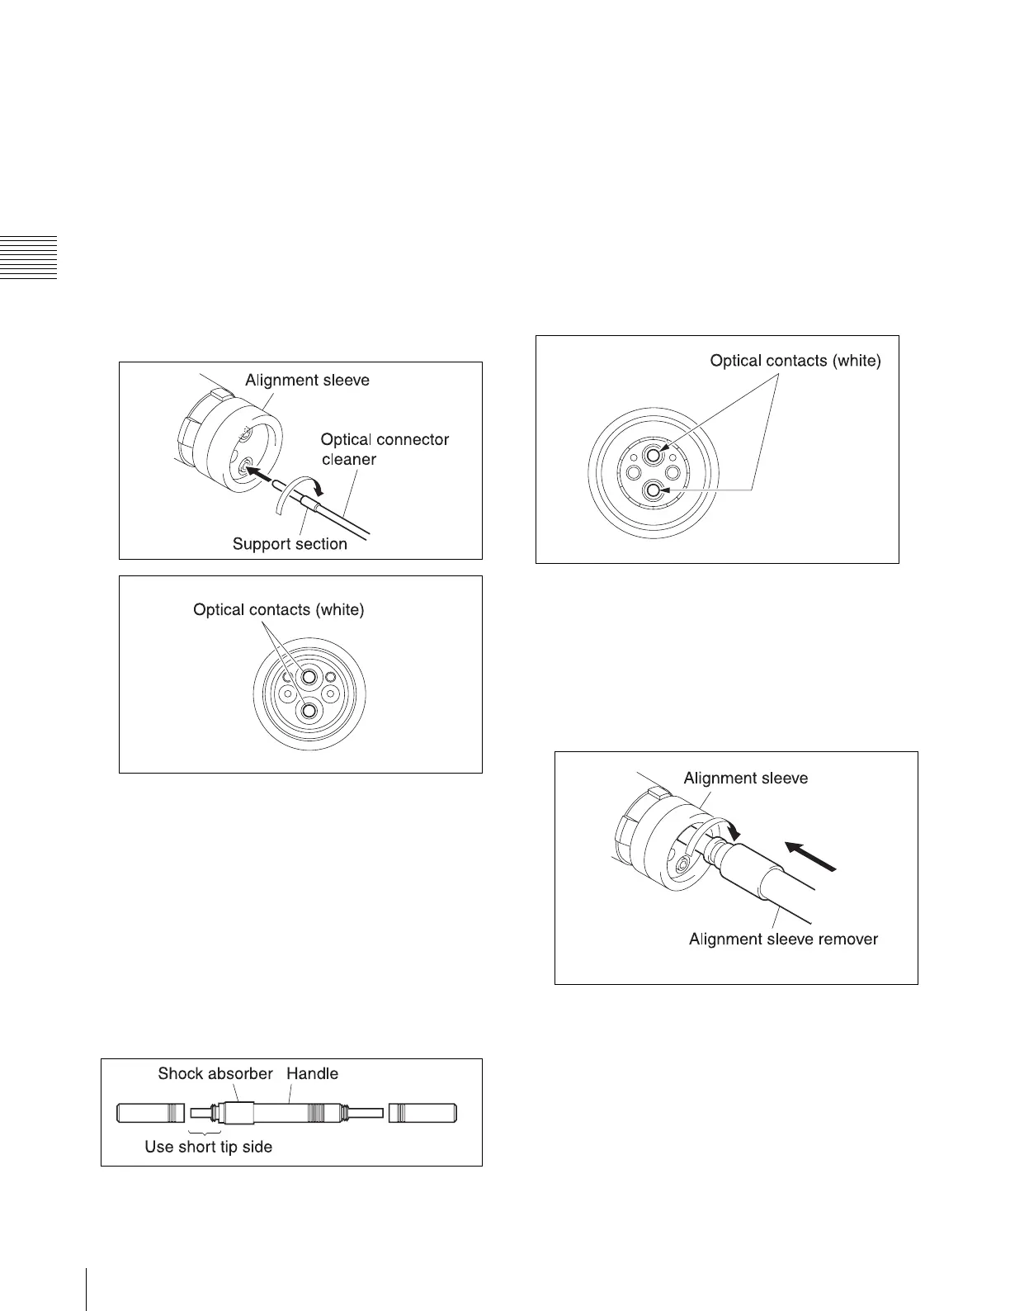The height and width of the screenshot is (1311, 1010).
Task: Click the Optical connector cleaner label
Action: pyautogui.click(x=385, y=449)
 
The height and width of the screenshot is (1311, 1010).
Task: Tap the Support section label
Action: pyautogui.click(x=290, y=544)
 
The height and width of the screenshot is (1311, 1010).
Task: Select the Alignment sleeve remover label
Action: pyautogui.click(x=783, y=939)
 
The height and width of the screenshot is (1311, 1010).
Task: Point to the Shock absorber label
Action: pyautogui.click(x=215, y=1074)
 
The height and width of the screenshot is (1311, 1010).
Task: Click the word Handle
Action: pyautogui.click(x=312, y=1074)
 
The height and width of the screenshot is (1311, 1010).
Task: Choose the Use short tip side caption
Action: pyautogui.click(x=208, y=1147)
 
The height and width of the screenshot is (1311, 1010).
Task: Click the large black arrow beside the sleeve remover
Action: pyautogui.click(x=810, y=855)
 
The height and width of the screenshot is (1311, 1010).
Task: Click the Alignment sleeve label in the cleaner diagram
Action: pyautogui.click(x=307, y=381)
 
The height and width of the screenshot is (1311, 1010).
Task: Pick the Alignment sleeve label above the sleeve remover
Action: pyautogui.click(x=745, y=779)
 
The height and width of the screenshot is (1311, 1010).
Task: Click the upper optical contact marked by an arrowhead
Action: pyautogui.click(x=654, y=455)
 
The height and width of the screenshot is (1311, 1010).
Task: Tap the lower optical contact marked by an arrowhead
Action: pyautogui.click(x=654, y=491)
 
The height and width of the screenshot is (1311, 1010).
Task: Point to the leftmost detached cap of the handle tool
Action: pyautogui.click(x=152, y=1113)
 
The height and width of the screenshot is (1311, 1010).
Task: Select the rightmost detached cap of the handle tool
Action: pyautogui.click(x=422, y=1113)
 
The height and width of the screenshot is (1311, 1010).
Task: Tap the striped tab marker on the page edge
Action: pyautogui.click(x=29, y=258)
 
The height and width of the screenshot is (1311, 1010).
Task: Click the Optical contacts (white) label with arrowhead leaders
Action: pyautogui.click(x=795, y=362)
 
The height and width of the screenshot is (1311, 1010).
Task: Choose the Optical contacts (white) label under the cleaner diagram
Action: pyautogui.click(x=278, y=610)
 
